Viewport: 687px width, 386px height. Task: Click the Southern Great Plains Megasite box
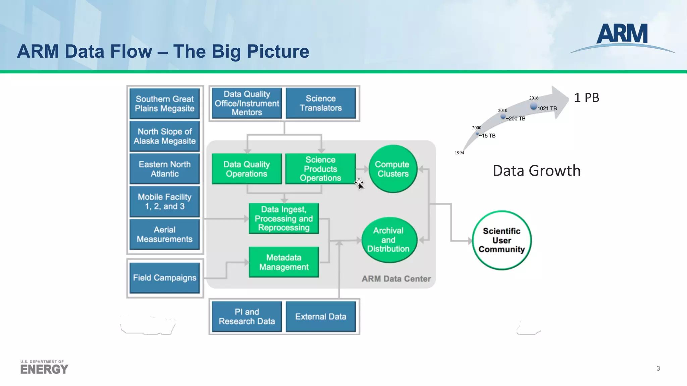tap(164, 104)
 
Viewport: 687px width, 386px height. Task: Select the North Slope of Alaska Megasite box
tap(164, 136)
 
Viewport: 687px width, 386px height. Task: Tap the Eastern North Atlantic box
tap(164, 169)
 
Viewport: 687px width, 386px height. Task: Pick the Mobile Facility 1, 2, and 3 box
tap(164, 201)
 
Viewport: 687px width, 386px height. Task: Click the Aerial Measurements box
tap(164, 234)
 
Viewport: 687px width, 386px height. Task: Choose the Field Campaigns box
tap(164, 278)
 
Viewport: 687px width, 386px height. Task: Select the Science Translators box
tap(321, 103)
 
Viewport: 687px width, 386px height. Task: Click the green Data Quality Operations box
tap(247, 169)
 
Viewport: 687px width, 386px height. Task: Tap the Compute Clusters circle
tap(392, 169)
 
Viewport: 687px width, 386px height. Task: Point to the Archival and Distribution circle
tap(388, 240)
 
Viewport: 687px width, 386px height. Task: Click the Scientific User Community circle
tap(501, 240)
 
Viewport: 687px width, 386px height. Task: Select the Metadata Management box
tap(284, 262)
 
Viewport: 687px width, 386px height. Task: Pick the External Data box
tap(321, 317)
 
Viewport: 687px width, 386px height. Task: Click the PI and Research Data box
tap(247, 317)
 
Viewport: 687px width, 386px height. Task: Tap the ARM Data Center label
tap(396, 279)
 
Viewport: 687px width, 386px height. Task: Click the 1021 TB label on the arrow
tap(547, 109)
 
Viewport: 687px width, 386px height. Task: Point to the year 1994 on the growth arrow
tap(459, 153)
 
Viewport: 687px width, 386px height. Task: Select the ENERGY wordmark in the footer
tap(44, 369)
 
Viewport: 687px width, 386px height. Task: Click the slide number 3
tap(658, 369)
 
